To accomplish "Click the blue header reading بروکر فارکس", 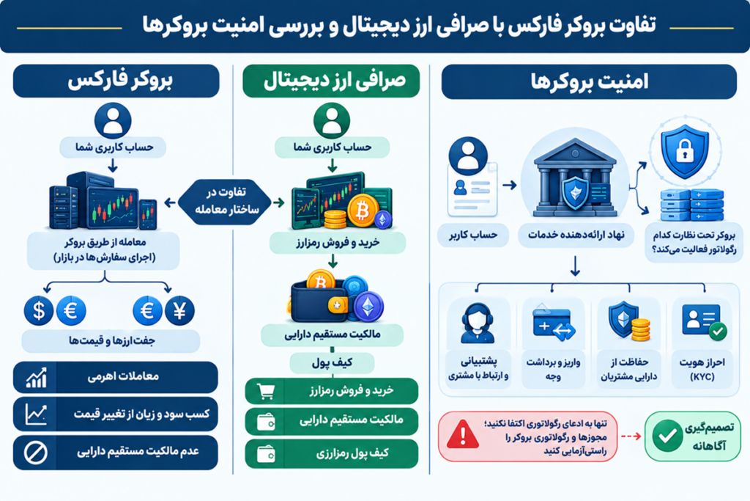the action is (x=116, y=81).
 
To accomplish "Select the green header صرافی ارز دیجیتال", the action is (x=331, y=81).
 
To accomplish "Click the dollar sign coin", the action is (x=39, y=311).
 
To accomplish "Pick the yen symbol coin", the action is (x=179, y=311).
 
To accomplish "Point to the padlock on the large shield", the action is (x=685, y=151).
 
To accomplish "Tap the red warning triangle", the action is (x=463, y=434).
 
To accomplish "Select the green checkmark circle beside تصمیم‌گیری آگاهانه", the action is (x=667, y=436).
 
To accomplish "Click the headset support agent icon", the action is (x=477, y=323).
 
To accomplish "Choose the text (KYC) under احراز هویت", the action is (x=702, y=377).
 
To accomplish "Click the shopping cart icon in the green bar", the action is (x=265, y=391).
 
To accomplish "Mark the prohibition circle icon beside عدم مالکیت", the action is (x=36, y=452).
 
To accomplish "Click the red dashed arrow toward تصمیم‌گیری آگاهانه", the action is (x=631, y=436).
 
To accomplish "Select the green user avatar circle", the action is (x=332, y=121).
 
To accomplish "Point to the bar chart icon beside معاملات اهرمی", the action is (x=37, y=378).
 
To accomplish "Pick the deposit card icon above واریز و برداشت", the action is (x=554, y=322).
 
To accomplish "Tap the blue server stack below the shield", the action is (x=691, y=205).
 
